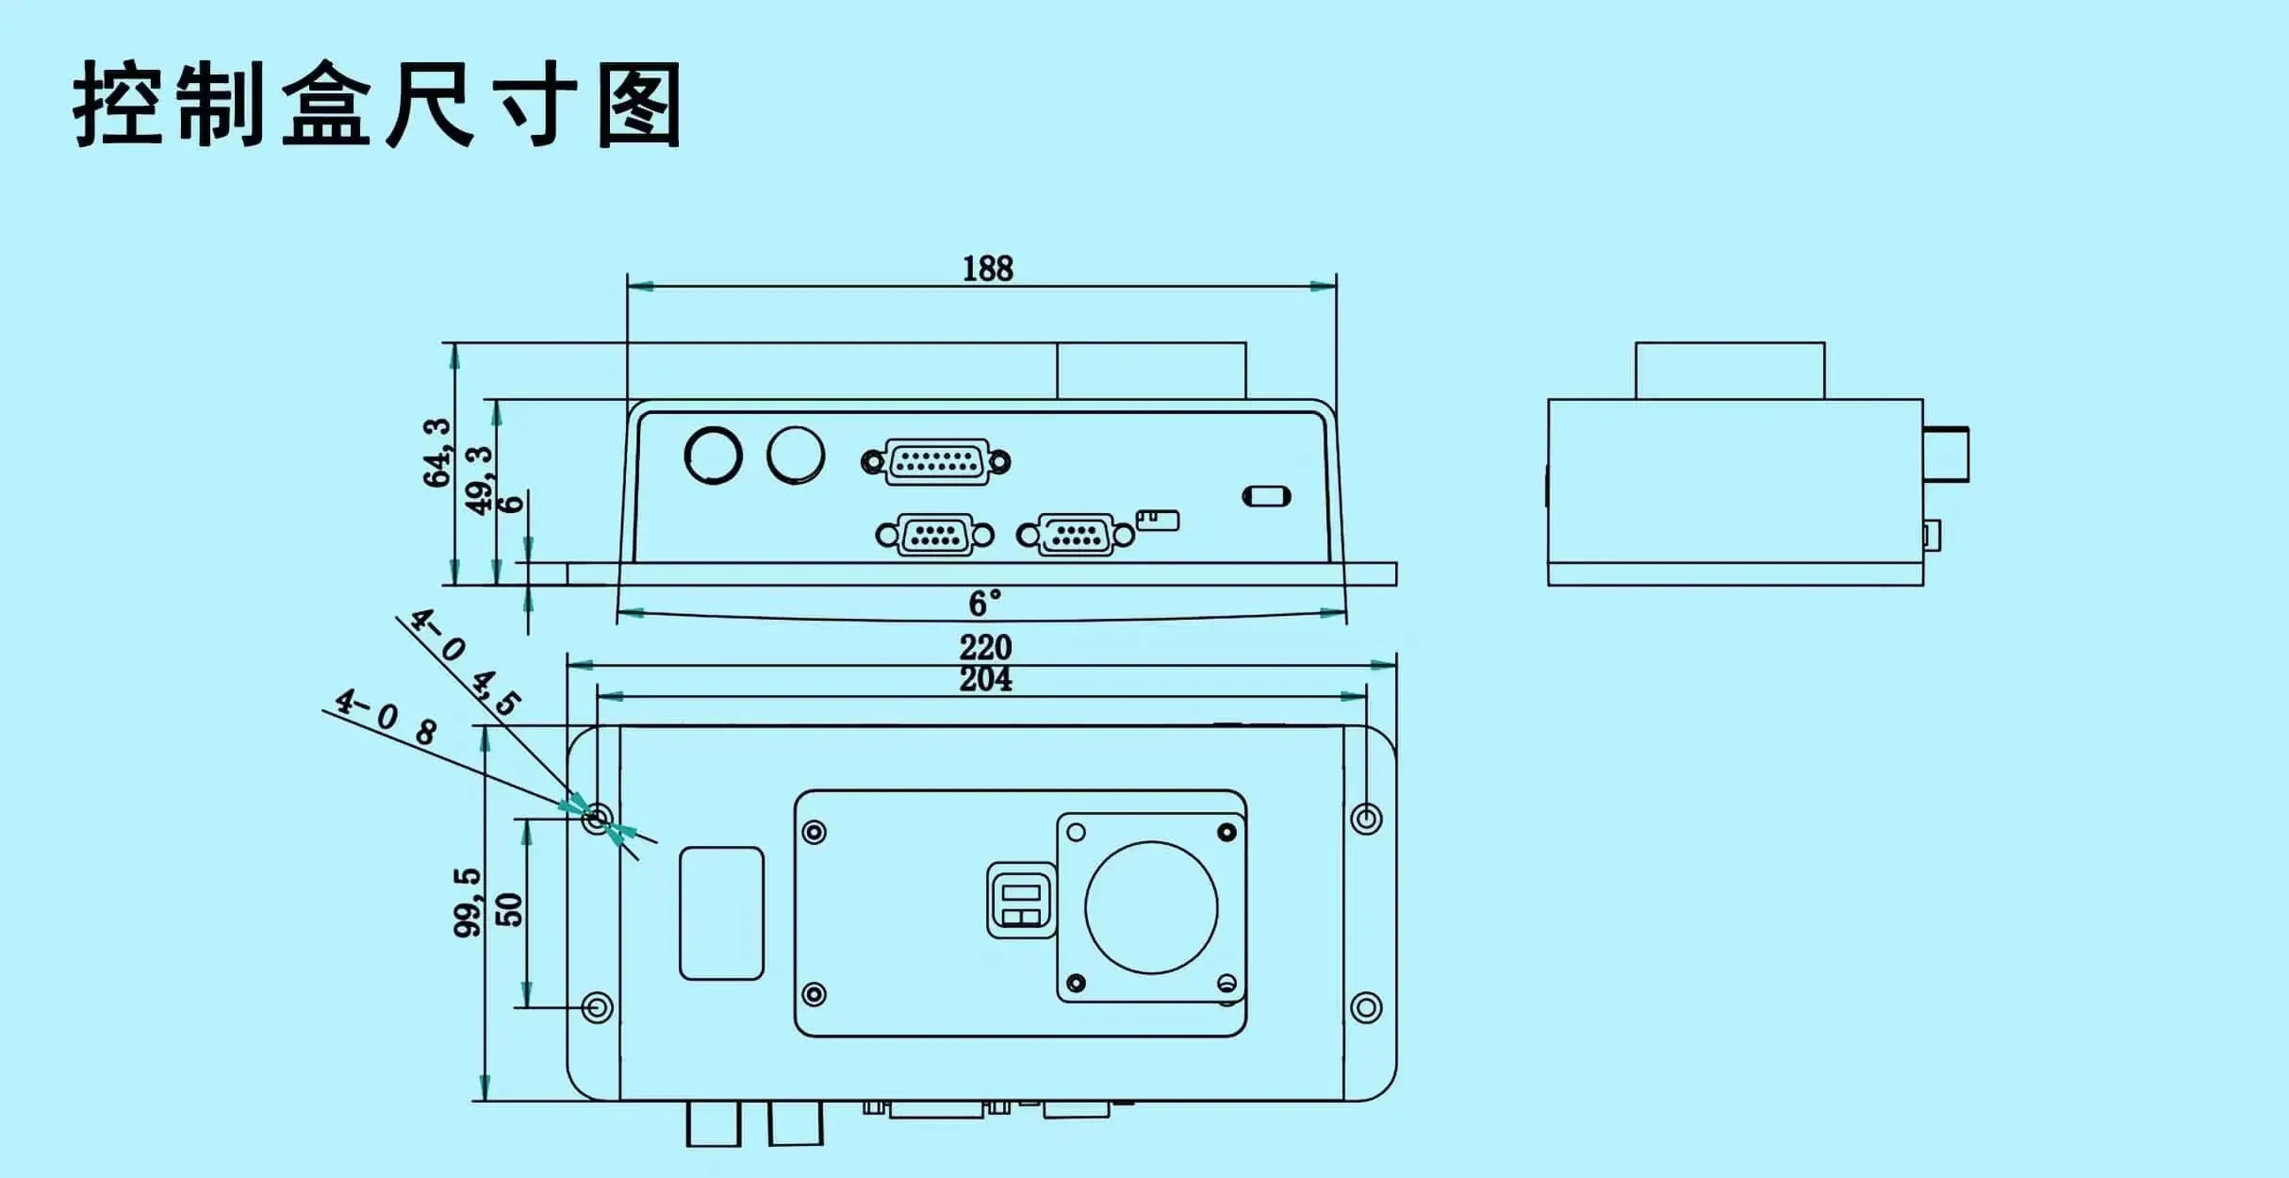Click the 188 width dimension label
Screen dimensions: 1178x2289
(x=987, y=269)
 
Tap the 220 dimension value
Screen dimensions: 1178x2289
(x=985, y=647)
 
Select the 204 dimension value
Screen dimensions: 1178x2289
(x=985, y=679)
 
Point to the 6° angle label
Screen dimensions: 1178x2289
(x=984, y=603)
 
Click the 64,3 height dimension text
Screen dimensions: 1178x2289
(x=437, y=453)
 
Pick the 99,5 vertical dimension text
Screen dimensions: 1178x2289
(x=468, y=903)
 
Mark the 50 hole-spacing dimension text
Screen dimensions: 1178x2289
(x=509, y=909)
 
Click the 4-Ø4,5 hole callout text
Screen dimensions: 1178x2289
(x=464, y=661)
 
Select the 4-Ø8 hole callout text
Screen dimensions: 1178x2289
(x=387, y=717)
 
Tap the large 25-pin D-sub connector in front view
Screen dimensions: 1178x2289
(x=936, y=462)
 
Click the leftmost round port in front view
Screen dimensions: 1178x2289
(x=713, y=456)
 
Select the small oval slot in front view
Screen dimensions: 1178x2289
(x=1266, y=496)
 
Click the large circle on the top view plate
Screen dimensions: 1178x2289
(x=1151, y=907)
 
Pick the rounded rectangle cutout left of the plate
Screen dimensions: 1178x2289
(x=721, y=913)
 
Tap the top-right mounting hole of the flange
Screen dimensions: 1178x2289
(x=1366, y=818)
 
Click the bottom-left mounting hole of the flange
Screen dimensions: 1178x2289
(x=596, y=1007)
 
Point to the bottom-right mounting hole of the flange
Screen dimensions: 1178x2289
(x=1366, y=1007)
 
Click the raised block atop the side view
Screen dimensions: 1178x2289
(x=1729, y=371)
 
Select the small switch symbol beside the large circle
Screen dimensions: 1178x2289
(x=1020, y=901)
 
